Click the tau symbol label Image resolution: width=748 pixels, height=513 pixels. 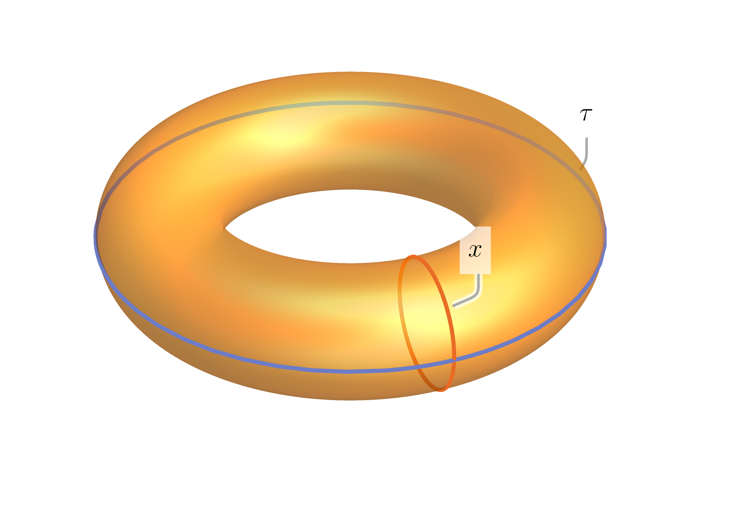586,115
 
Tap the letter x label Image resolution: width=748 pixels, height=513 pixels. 475,250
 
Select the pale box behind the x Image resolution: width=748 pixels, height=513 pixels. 475,250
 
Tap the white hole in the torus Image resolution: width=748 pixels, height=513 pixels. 350,227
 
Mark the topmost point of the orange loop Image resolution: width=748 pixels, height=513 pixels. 413,256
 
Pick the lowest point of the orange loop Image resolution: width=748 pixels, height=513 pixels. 441,390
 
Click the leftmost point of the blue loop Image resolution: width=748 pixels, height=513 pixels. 95,236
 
